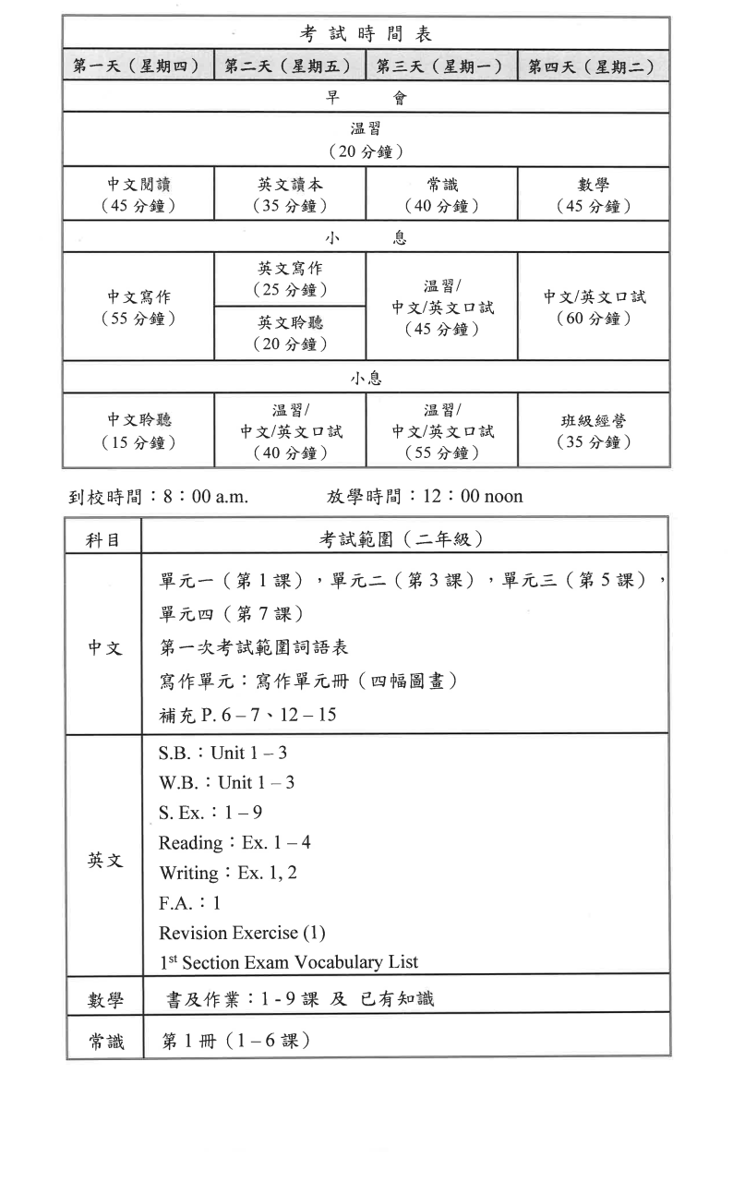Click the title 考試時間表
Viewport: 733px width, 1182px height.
[x=366, y=34]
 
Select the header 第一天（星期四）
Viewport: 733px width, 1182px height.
[x=138, y=66]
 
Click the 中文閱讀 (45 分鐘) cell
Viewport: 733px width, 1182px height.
[x=138, y=195]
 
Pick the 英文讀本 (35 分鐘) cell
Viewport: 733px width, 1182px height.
[x=290, y=195]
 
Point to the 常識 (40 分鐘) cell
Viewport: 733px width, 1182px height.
[x=441, y=195]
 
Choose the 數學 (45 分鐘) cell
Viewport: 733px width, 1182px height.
[x=594, y=195]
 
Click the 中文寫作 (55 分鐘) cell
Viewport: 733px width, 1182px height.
[x=138, y=308]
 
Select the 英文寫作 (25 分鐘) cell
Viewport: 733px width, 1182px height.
[x=290, y=279]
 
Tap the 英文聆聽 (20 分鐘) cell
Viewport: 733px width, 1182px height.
[x=290, y=333]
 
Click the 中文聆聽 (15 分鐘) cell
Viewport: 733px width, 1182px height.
[x=138, y=431]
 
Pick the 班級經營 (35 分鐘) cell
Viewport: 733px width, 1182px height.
[x=594, y=431]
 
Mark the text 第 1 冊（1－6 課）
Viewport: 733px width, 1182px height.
[x=235, y=1041]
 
